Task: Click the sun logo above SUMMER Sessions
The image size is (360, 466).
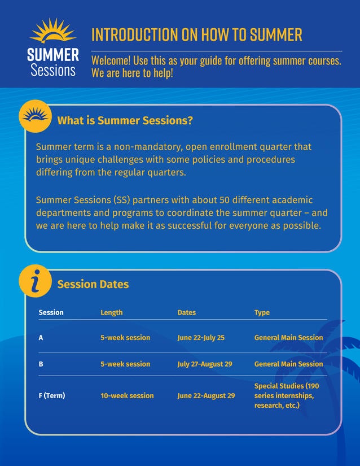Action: click(52, 31)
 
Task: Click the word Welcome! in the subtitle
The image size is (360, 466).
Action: click(111, 61)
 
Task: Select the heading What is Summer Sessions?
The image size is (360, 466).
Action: click(125, 120)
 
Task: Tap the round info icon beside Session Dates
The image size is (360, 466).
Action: click(36, 281)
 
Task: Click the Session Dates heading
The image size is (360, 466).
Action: click(93, 284)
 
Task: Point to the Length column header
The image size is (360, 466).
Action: click(111, 312)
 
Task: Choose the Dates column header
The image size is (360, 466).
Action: click(187, 312)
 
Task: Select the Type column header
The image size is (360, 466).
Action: click(262, 312)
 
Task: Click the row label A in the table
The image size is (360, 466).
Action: click(41, 338)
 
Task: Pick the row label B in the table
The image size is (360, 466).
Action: click(41, 364)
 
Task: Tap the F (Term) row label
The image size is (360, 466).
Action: click(51, 395)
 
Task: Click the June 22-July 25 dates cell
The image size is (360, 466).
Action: click(201, 338)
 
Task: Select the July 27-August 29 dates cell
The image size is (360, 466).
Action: click(204, 364)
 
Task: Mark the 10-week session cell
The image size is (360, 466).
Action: click(127, 395)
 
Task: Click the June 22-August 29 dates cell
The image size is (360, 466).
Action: click(206, 395)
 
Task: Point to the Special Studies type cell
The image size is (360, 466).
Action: click(287, 395)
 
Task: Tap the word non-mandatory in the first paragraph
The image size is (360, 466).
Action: click(146, 147)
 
